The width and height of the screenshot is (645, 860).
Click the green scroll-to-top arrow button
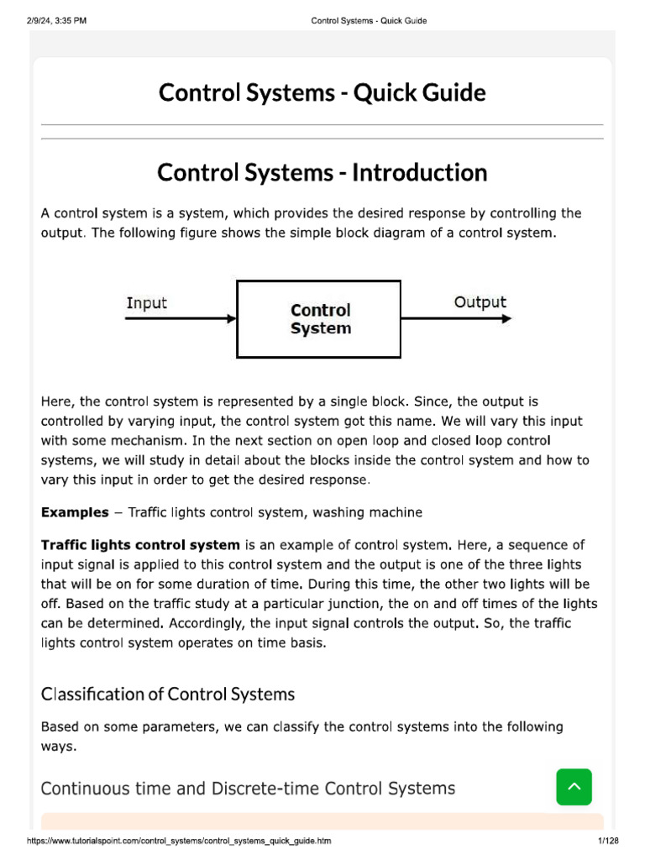tap(574, 787)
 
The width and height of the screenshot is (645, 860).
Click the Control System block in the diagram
tap(320, 319)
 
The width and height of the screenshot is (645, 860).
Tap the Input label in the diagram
tap(146, 303)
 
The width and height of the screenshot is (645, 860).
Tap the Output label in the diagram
tap(480, 302)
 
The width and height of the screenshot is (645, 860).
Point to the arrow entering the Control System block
tap(181, 319)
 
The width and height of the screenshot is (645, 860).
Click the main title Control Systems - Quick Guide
tap(322, 92)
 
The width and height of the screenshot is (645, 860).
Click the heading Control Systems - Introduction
tap(322, 173)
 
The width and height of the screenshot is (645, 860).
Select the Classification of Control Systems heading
tap(168, 694)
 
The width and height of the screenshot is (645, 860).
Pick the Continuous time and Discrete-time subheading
tap(248, 788)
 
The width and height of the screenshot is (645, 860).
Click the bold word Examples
tap(75, 512)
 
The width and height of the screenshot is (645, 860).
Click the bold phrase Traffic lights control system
tap(140, 545)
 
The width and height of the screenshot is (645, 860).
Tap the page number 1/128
tap(606, 841)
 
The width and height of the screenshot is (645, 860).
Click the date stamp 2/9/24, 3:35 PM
tap(56, 21)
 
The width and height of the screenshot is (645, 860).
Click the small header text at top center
tap(369, 21)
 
